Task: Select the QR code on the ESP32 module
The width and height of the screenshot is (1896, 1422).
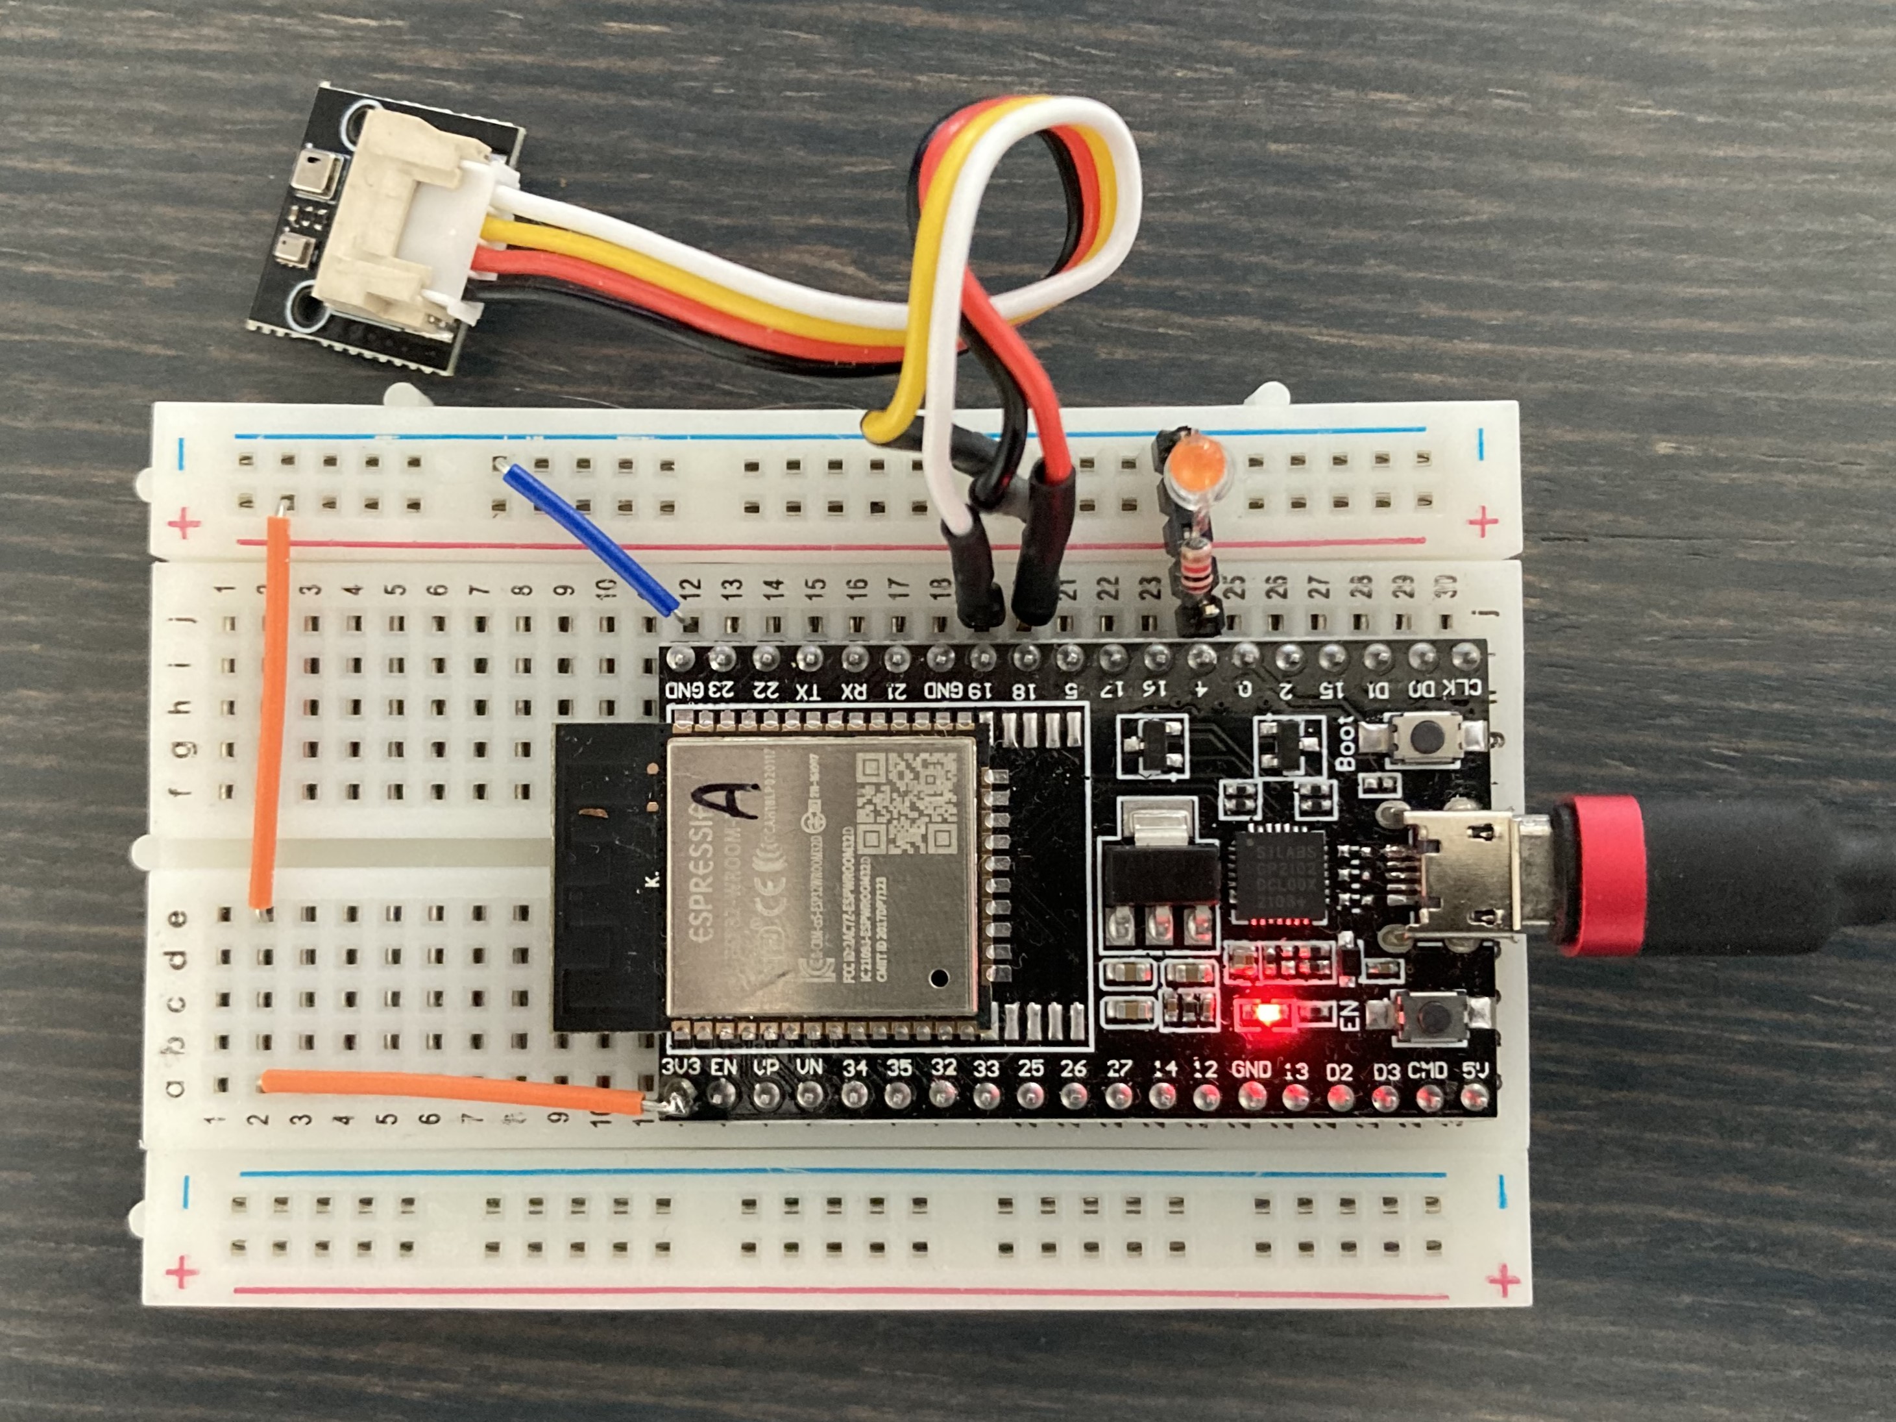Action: point(908,804)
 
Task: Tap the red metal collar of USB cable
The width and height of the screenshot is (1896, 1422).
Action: point(1600,874)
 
